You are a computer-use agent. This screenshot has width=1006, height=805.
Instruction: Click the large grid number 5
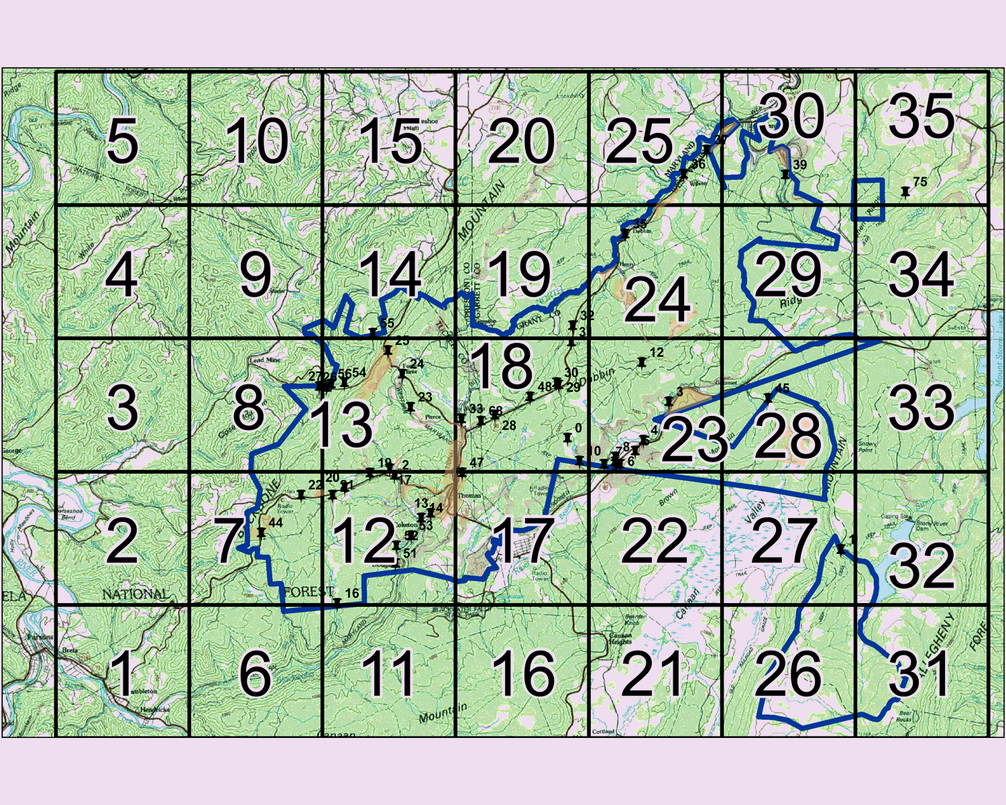(122, 141)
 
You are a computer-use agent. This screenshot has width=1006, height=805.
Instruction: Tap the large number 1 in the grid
(123, 674)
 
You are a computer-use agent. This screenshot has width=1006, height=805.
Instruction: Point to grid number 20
(522, 141)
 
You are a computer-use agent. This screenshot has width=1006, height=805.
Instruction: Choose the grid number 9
(256, 275)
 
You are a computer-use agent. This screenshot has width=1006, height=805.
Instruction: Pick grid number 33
(921, 407)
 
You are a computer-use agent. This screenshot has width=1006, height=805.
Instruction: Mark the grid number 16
(523, 674)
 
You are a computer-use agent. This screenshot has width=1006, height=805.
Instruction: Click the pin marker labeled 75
(905, 192)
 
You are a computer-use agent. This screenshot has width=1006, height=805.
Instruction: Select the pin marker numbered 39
(785, 174)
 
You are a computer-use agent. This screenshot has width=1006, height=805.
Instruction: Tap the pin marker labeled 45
(769, 398)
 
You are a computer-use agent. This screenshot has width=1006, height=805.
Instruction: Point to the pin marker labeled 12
(642, 362)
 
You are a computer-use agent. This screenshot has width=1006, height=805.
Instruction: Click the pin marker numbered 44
(261, 533)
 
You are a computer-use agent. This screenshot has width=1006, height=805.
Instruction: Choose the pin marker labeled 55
(373, 333)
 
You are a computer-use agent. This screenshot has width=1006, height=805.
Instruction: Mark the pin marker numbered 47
(461, 472)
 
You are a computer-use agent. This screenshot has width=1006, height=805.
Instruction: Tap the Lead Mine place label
(265, 360)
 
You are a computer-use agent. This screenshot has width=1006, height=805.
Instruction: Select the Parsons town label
(34, 637)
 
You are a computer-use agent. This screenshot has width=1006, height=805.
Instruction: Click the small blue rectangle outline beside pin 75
(868, 200)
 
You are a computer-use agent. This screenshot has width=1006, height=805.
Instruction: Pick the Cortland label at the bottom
(603, 731)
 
